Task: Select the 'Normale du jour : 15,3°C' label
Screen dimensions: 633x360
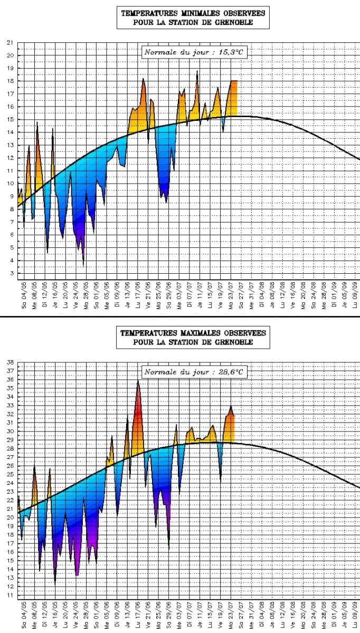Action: click(x=195, y=52)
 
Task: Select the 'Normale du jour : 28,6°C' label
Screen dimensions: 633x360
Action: click(x=195, y=372)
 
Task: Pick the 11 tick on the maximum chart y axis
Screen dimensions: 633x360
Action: click(x=10, y=596)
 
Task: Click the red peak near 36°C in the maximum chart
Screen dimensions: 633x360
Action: click(x=138, y=382)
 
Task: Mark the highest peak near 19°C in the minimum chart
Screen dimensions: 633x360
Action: click(x=197, y=71)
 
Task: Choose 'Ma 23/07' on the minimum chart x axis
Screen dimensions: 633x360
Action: click(x=231, y=298)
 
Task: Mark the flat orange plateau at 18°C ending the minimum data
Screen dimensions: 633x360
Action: click(x=233, y=82)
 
